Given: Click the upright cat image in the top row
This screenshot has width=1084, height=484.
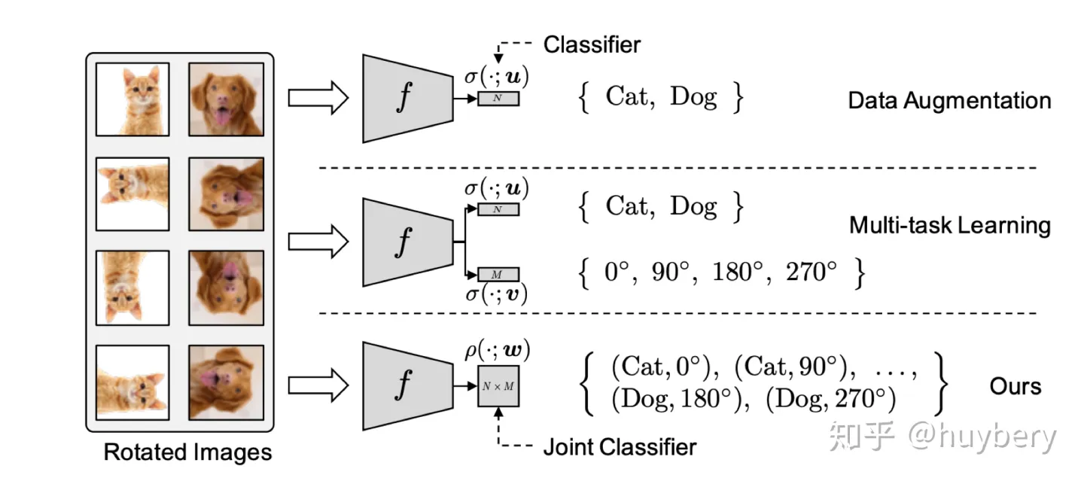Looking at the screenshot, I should click(x=132, y=99).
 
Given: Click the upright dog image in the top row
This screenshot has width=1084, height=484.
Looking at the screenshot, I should click(x=226, y=99).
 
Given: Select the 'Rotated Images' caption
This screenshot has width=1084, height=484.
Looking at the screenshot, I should click(x=187, y=452).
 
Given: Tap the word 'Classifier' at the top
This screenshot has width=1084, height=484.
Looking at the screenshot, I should click(x=592, y=44).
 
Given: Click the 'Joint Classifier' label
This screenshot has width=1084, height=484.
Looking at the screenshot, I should click(x=620, y=446).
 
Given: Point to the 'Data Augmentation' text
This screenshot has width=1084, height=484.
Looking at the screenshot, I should click(x=949, y=100).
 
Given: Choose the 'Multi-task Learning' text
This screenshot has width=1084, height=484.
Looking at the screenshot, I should click(x=950, y=225).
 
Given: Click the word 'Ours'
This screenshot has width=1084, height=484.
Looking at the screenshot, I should click(x=1015, y=386).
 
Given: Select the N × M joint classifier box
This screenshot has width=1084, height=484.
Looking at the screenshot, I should click(x=499, y=385).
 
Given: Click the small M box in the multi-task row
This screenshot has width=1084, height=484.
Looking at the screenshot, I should click(x=499, y=273).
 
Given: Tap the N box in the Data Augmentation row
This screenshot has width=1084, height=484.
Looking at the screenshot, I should click(x=498, y=98).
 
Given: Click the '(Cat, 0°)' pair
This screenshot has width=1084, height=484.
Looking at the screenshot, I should click(x=661, y=368).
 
